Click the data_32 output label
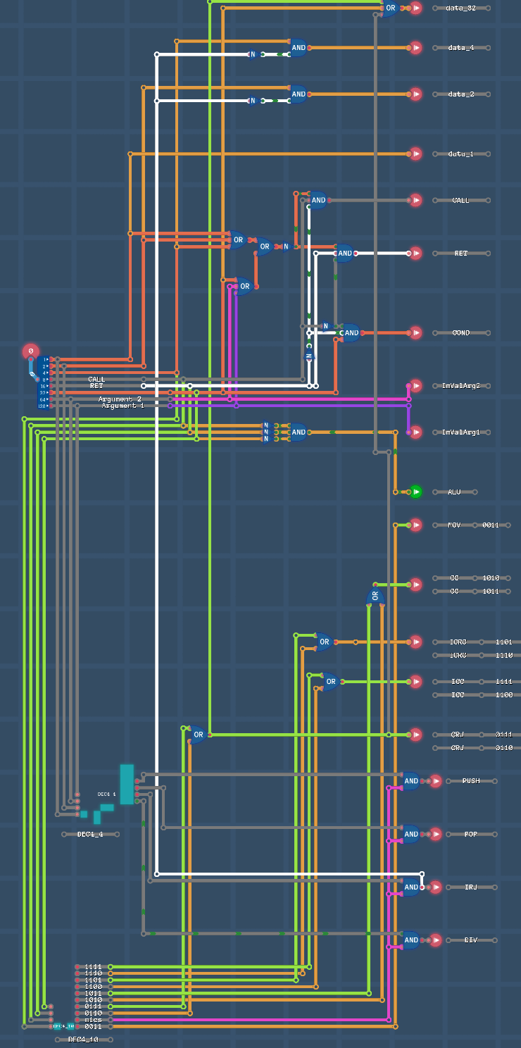point(461,8)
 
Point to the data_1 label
point(461,154)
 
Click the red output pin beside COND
point(416,333)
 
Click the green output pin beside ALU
point(416,492)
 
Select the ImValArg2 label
point(460,386)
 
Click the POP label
point(471,834)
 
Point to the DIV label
point(471,940)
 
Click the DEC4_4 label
point(89,834)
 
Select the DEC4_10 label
point(81,1039)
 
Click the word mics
point(93,1019)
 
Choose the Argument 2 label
point(120,399)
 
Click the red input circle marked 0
point(30,351)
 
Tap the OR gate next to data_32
point(389,8)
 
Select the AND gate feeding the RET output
point(344,253)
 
